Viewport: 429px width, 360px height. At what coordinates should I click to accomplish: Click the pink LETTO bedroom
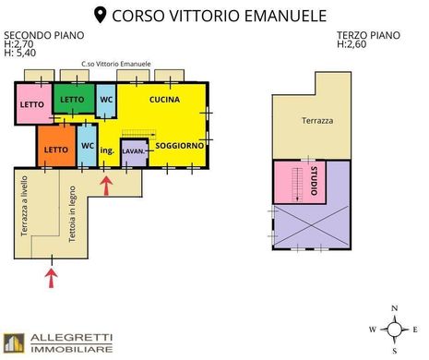(34, 103)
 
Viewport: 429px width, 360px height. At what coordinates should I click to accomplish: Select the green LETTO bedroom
(74, 99)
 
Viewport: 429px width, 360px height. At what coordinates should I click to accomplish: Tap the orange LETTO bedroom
(56, 146)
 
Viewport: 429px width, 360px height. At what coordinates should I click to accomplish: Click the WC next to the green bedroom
(106, 101)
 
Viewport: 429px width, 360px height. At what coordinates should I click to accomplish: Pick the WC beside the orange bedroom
(87, 145)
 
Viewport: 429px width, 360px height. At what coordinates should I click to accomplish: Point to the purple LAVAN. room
(134, 152)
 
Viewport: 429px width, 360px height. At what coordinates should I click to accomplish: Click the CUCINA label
(164, 100)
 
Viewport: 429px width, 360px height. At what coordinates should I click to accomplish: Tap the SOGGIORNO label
(180, 146)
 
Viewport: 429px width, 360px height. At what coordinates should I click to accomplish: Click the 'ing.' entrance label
(107, 150)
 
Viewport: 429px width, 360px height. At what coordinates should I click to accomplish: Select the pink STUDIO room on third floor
(299, 182)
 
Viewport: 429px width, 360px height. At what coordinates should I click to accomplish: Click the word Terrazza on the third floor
(317, 121)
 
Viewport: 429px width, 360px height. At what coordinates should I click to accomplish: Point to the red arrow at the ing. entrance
(106, 186)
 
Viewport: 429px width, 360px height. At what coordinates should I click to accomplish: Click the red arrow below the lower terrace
(52, 278)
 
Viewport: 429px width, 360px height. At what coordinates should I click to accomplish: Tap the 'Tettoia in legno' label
(72, 214)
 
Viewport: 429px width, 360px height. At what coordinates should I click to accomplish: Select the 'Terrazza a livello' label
(24, 206)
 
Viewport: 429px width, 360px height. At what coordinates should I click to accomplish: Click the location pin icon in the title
(100, 16)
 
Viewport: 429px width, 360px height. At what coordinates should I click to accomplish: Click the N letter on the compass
(395, 308)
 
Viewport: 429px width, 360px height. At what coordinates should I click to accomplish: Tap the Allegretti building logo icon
(14, 343)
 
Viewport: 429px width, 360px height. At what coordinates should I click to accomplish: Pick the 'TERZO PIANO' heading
(368, 35)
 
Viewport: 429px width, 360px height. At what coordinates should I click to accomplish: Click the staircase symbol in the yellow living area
(139, 134)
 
